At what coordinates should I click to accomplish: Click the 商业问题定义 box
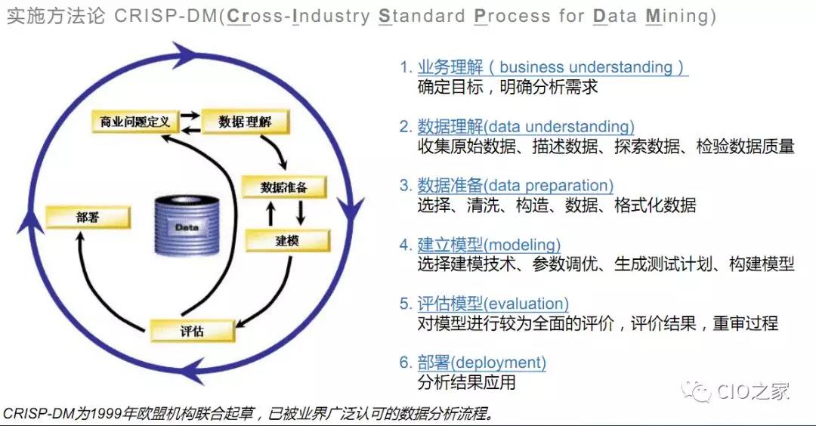click(x=135, y=122)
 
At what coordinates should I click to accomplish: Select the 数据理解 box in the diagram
click(x=245, y=122)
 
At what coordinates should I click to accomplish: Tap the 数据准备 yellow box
click(x=284, y=187)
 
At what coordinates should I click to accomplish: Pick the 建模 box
click(x=287, y=241)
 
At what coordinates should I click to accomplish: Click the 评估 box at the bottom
click(x=192, y=331)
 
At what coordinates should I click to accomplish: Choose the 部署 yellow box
click(x=88, y=217)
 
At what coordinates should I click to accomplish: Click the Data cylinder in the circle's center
click(x=187, y=227)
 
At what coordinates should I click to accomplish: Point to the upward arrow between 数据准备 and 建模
click(x=270, y=214)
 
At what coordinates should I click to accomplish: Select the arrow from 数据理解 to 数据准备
click(x=277, y=150)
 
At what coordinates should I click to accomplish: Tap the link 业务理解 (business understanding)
click(x=552, y=67)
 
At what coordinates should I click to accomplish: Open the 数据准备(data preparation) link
click(x=515, y=185)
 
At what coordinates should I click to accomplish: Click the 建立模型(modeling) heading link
click(x=489, y=245)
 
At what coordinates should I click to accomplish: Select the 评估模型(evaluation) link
click(x=493, y=304)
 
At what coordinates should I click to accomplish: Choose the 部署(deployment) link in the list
click(x=481, y=363)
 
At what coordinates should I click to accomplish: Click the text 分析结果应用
click(x=466, y=382)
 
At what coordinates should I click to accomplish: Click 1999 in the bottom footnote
click(x=108, y=413)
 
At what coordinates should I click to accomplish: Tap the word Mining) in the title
click(x=682, y=16)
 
